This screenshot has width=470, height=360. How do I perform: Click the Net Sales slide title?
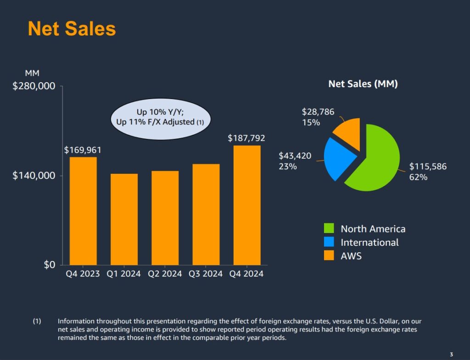pyautogui.click(x=72, y=28)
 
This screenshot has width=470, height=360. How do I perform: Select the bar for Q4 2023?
pyautogui.click(x=83, y=211)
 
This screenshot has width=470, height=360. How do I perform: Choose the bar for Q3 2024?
pyautogui.click(x=206, y=214)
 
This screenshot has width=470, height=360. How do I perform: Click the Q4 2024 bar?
pyautogui.click(x=247, y=205)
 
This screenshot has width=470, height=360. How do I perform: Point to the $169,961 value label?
pyautogui.click(x=83, y=150)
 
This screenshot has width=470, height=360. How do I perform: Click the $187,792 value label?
pyautogui.click(x=246, y=138)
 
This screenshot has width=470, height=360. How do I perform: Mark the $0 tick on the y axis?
pyautogui.click(x=49, y=265)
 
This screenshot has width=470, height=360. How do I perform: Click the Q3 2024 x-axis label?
pyautogui.click(x=206, y=274)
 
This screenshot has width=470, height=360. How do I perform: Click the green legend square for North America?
pyautogui.click(x=329, y=228)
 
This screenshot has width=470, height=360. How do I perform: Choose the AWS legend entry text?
pyautogui.click(x=351, y=256)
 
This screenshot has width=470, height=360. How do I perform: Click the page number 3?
pyautogui.click(x=451, y=354)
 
